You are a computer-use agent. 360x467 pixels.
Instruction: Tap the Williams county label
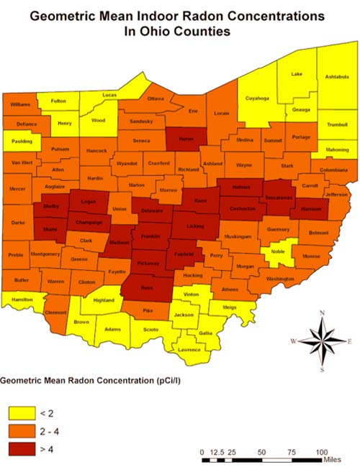tap(21, 105)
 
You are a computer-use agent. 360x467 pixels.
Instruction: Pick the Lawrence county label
tap(189, 350)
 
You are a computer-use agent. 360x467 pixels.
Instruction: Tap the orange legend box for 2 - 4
tap(22, 430)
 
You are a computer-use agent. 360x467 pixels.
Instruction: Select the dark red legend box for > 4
tap(22, 449)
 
